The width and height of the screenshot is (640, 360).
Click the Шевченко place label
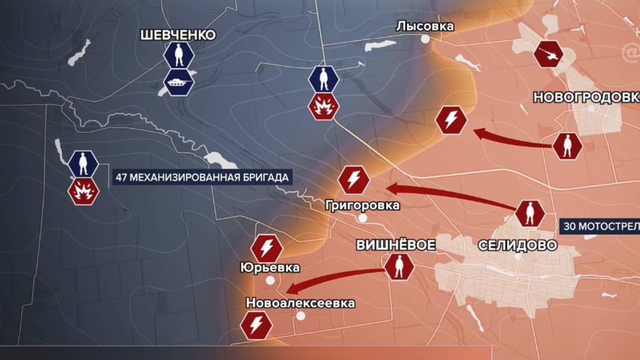pyautogui.click(x=178, y=35)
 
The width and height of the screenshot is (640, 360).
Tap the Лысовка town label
pyautogui.click(x=425, y=26)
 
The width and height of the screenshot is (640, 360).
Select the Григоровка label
pyautogui.click(x=362, y=205)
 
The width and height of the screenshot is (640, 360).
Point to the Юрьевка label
pyautogui.click(x=271, y=267)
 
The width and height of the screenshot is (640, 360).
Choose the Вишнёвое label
pyautogui.click(x=396, y=245)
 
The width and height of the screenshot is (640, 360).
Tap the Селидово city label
pyautogui.click(x=517, y=246)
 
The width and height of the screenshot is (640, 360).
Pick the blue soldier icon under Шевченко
pyautogui.click(x=179, y=57)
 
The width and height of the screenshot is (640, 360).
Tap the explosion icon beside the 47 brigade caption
pyautogui.click(x=84, y=192)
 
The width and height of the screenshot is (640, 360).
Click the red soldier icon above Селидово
pyautogui.click(x=529, y=214)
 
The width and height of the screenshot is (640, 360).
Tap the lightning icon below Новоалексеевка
pyautogui.click(x=256, y=324)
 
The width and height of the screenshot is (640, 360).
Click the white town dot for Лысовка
pyautogui.click(x=425, y=39)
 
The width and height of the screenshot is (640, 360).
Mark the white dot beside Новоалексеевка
pyautogui.click(x=301, y=316)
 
